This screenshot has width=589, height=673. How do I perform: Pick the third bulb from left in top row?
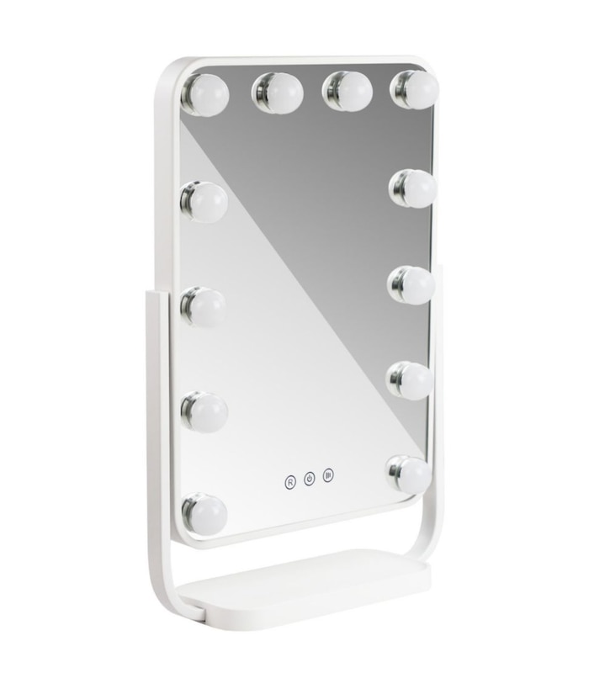347,89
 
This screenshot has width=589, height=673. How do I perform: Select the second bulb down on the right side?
413,189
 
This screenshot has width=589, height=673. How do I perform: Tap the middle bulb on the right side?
412,285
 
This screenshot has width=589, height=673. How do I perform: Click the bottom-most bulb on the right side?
411,475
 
